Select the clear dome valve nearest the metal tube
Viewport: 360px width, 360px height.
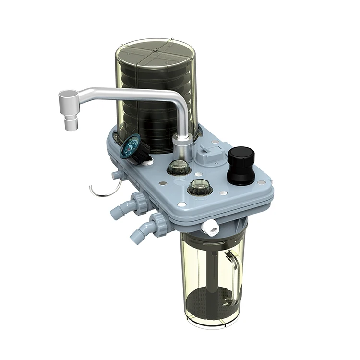(x=179, y=168)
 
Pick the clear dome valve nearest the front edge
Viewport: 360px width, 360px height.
(x=200, y=187)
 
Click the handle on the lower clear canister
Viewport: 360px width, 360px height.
(x=234, y=274)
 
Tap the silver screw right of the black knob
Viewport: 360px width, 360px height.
(x=261, y=183)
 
